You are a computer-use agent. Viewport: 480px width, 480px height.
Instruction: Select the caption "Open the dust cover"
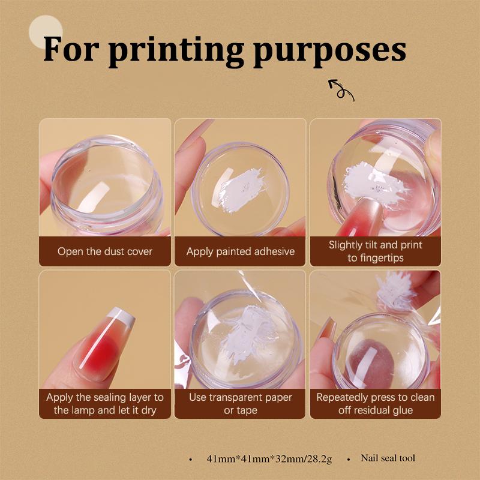click(105, 251)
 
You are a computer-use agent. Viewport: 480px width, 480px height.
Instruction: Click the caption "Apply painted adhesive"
click(240, 251)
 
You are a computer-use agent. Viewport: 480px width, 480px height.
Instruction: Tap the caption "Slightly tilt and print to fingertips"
click(375, 251)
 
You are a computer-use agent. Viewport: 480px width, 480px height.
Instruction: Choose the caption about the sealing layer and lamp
click(105, 404)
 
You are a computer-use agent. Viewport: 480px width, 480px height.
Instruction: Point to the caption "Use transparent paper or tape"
click(240, 404)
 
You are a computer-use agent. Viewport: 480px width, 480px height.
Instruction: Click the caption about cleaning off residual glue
click(375, 404)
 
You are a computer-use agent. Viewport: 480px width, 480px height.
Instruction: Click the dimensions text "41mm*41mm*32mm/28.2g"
click(268, 459)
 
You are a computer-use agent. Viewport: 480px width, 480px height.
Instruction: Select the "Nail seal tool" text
click(388, 458)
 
